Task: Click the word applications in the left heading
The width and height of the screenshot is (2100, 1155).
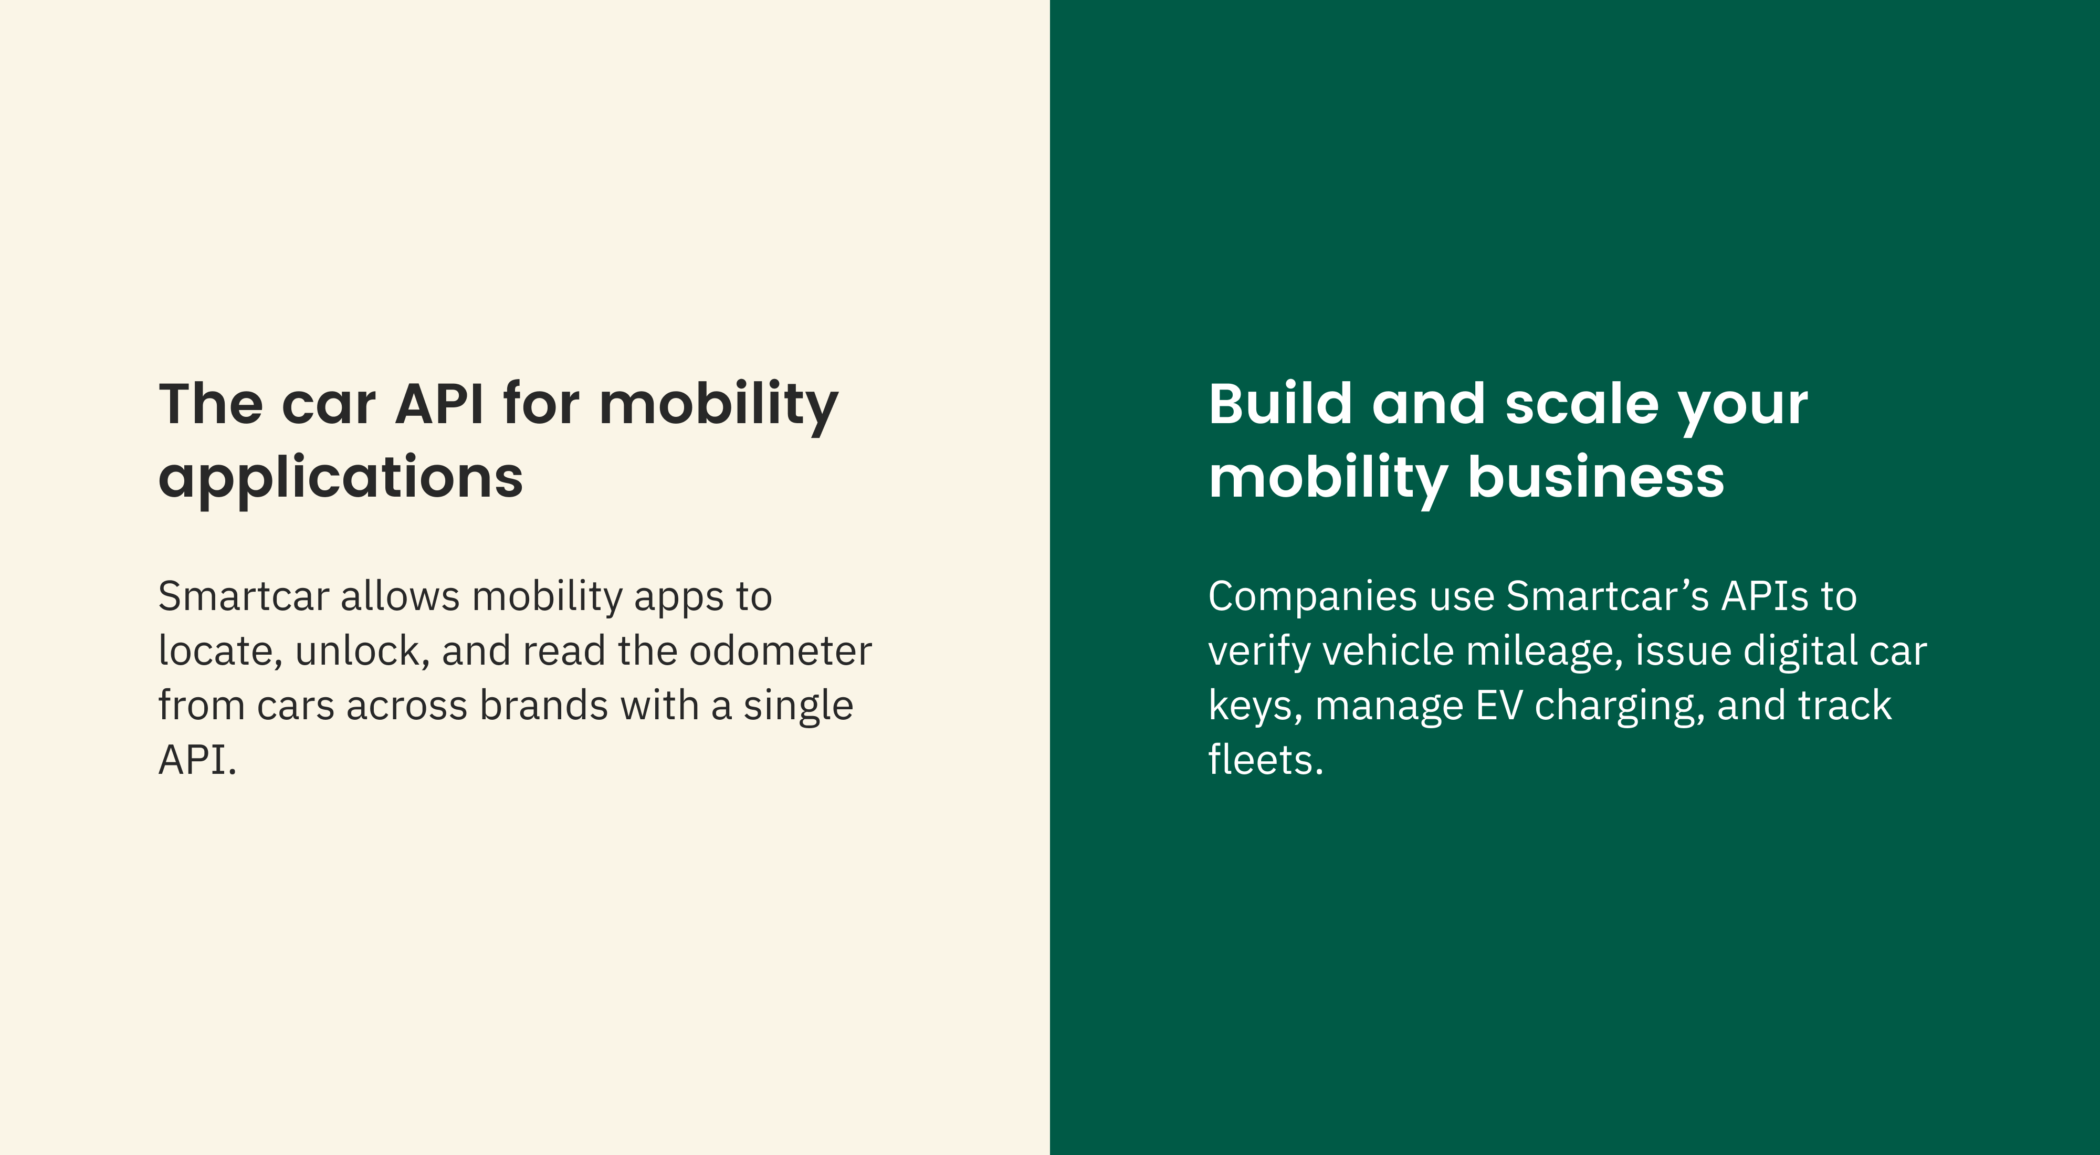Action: tap(341, 478)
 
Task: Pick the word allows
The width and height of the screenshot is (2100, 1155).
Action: tap(400, 596)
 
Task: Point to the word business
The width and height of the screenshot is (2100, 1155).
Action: tap(1595, 478)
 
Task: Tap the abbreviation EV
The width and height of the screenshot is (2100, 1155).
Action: tap(1498, 706)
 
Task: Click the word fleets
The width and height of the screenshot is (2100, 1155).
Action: tap(1264, 761)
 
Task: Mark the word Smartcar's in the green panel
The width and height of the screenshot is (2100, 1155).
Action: tap(1607, 596)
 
